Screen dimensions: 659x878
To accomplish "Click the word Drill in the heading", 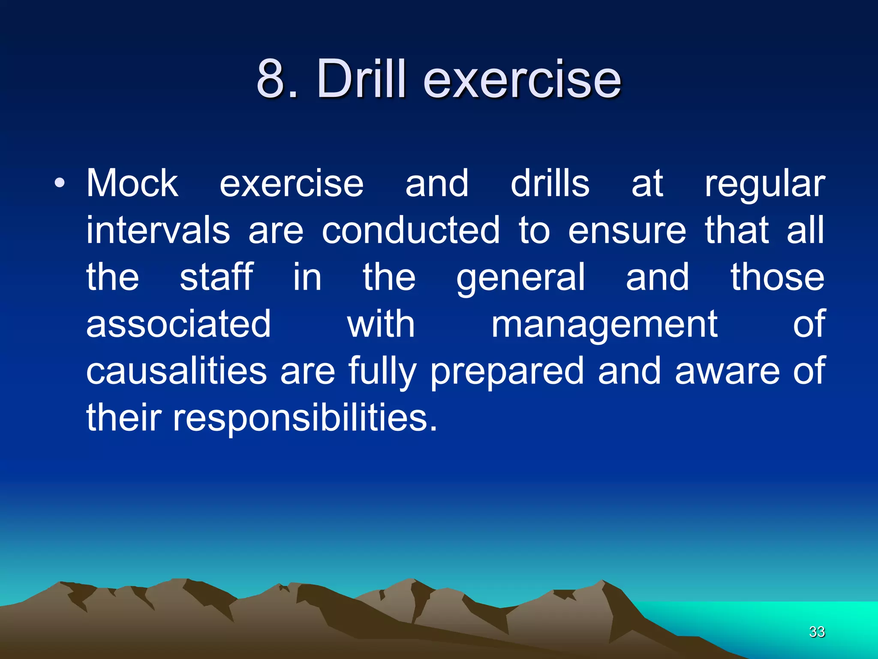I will tap(361, 79).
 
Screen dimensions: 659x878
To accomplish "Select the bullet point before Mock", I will tap(60, 184).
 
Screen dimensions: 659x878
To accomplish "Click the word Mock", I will tap(132, 184).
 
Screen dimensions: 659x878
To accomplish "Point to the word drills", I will tap(550, 184).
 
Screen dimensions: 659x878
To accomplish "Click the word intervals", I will tap(158, 230).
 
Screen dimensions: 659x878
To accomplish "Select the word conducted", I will tap(410, 230).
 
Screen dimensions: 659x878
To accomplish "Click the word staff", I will tap(216, 277).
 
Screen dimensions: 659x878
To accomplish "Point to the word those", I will tap(777, 277).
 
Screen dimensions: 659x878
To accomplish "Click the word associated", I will tap(178, 324).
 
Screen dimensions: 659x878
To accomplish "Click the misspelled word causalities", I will tap(176, 371).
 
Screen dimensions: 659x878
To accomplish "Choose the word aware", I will tap(727, 372).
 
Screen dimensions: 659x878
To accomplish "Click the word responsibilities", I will tap(305, 419).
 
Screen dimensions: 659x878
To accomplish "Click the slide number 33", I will tap(817, 632).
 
